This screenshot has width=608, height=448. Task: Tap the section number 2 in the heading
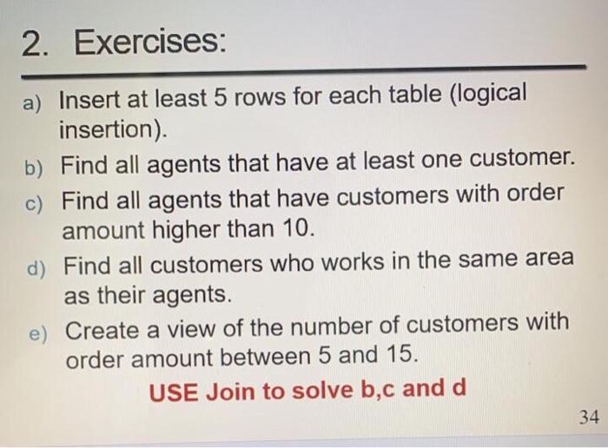31,43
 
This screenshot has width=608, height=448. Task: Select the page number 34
588,418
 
